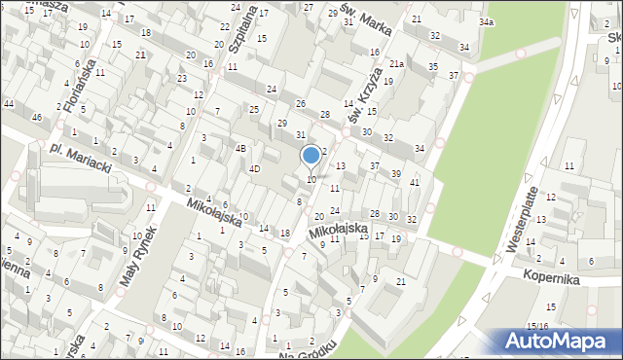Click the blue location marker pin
311,156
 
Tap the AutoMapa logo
557,342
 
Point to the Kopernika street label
576,278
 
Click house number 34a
486,21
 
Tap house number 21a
397,64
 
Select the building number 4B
240,149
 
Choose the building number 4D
254,169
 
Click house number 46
37,118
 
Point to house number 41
415,182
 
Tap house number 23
182,79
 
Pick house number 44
9,103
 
